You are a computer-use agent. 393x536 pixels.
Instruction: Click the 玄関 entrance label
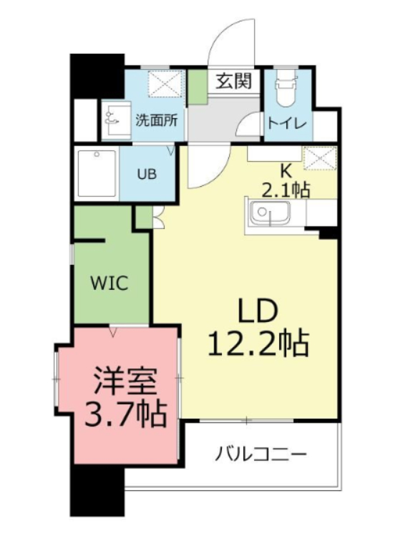point(234,82)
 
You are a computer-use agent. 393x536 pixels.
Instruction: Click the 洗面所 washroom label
point(156,120)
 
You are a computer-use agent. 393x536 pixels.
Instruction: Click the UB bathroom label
point(148,174)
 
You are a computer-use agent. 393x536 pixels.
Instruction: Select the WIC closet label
point(109,282)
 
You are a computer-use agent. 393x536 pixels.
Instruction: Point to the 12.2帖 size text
point(258,344)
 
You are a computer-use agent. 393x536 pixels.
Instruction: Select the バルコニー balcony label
point(261,454)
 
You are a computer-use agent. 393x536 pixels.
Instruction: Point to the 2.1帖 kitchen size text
point(286,190)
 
